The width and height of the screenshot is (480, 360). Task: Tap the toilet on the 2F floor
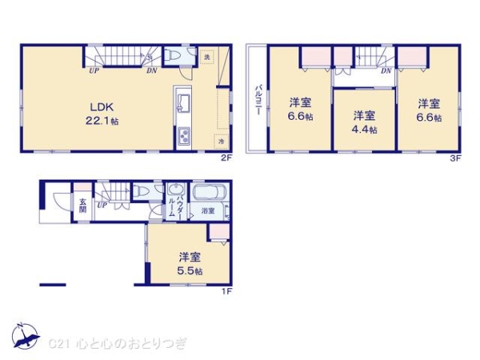pyautogui.click(x=174, y=57)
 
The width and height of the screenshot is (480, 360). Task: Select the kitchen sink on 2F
pyautogui.click(x=180, y=104)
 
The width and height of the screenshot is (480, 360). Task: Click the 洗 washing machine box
pyautogui.click(x=207, y=57)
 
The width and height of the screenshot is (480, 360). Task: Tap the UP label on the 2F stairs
pyautogui.click(x=94, y=70)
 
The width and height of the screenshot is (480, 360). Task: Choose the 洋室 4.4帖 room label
pyautogui.click(x=364, y=119)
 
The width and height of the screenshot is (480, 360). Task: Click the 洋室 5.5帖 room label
pyautogui.click(x=190, y=263)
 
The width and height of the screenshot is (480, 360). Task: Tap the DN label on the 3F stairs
pyautogui.click(x=386, y=70)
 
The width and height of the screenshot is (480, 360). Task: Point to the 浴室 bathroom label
pyautogui.click(x=207, y=210)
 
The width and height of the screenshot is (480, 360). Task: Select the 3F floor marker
pyautogui.click(x=456, y=158)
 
